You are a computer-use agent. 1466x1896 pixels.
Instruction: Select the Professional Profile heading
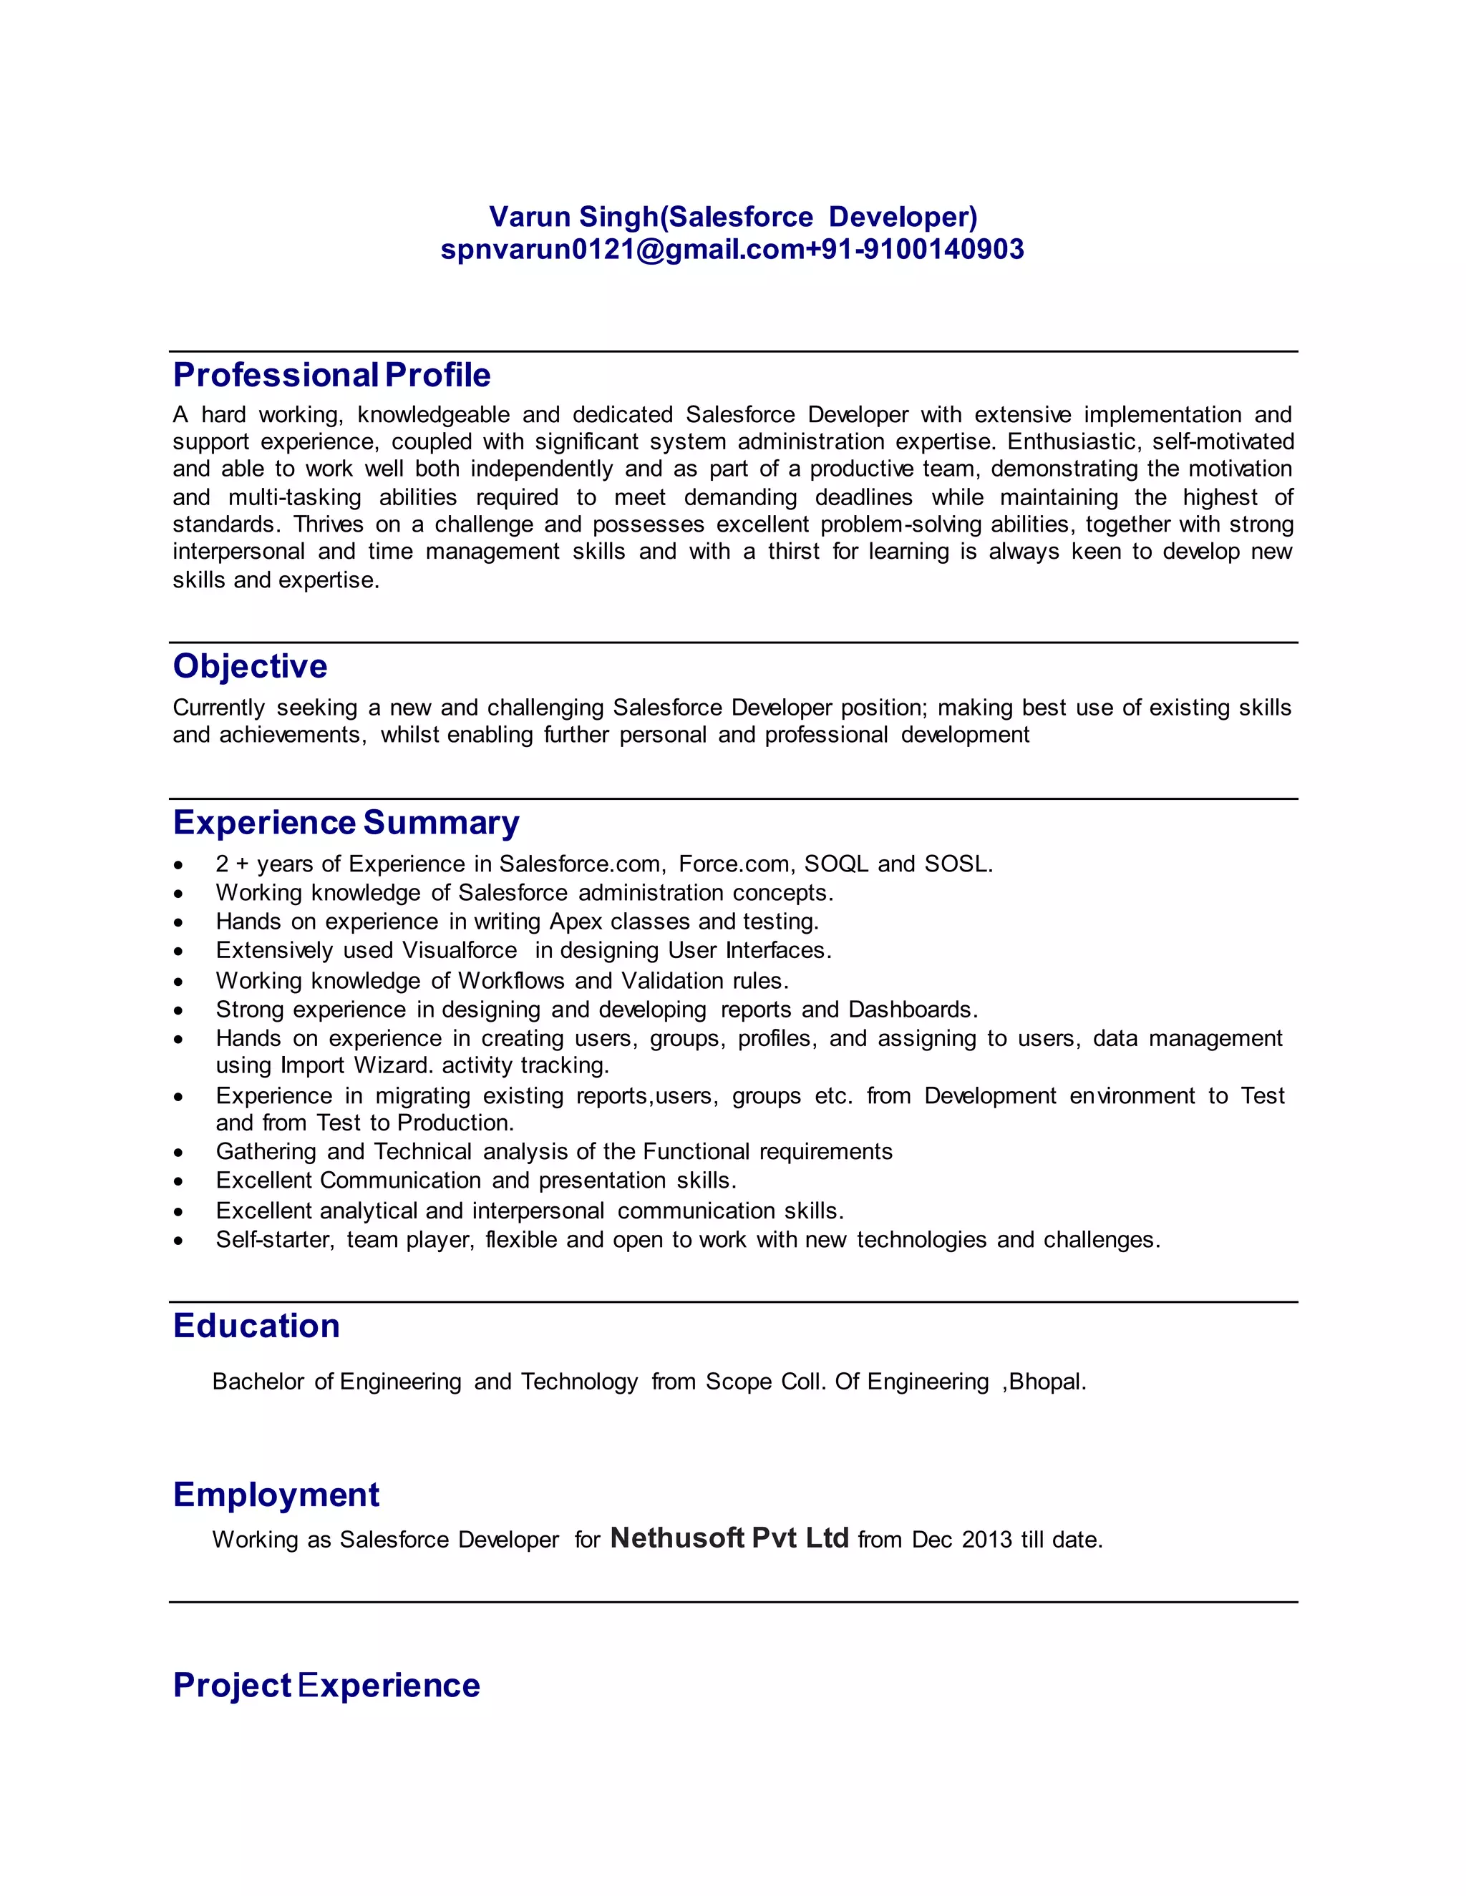[331, 375]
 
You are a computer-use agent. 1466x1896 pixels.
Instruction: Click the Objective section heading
[250, 666]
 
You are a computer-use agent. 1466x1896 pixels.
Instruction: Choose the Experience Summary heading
[346, 822]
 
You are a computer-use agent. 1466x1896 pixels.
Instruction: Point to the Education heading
[256, 1326]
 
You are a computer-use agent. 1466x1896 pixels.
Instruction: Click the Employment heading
[276, 1494]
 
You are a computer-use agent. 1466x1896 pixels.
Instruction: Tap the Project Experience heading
[326, 1685]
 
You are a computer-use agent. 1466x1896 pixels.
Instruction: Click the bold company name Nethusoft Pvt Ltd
[729, 1538]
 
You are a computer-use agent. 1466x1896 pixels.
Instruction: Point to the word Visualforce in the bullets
[460, 951]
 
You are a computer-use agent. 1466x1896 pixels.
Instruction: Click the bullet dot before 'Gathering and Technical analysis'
[178, 1153]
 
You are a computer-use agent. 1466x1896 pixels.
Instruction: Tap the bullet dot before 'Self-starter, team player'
[178, 1241]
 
